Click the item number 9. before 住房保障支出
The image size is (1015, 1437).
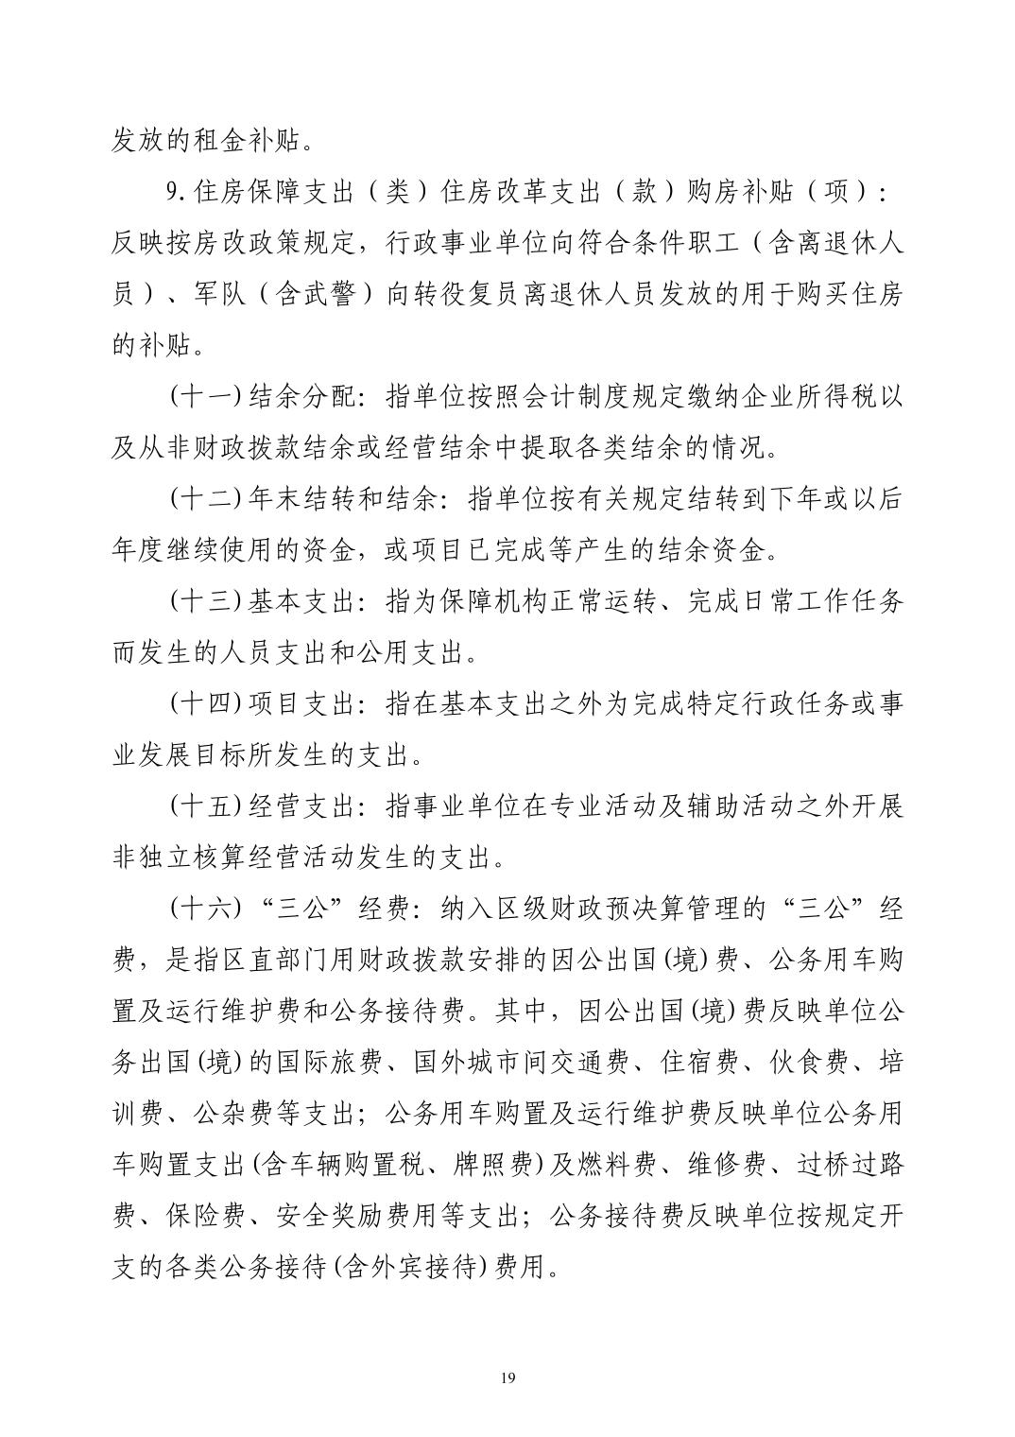[177, 193]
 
